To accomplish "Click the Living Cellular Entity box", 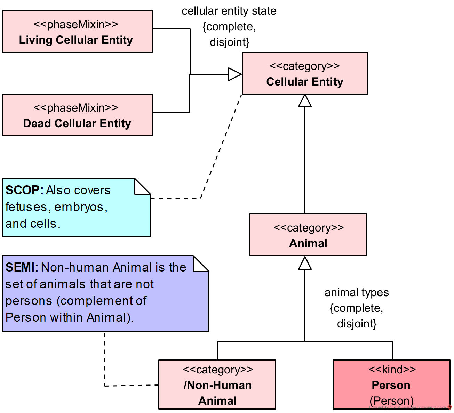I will pyautogui.click(x=77, y=32).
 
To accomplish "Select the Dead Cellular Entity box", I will pyautogui.click(x=77, y=115).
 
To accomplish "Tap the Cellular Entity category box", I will pyautogui.click(x=305, y=73).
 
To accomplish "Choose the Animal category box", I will pyautogui.click(x=308, y=235).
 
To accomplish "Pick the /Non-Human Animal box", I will pyautogui.click(x=217, y=384).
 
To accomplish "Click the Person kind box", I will pyautogui.click(x=391, y=384).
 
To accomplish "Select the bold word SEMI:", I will pyautogui.click(x=22, y=267).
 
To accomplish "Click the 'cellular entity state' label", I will pyautogui.click(x=229, y=11).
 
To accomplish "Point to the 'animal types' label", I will pyautogui.click(x=357, y=293).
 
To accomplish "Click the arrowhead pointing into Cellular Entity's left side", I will pyautogui.click(x=235, y=74).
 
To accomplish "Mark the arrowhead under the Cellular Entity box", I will pyautogui.click(x=305, y=100).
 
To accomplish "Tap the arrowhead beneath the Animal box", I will pyautogui.click(x=305, y=263).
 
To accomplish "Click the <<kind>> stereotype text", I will pyautogui.click(x=392, y=369).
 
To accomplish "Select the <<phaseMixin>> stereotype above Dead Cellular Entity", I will pyautogui.click(x=76, y=108).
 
